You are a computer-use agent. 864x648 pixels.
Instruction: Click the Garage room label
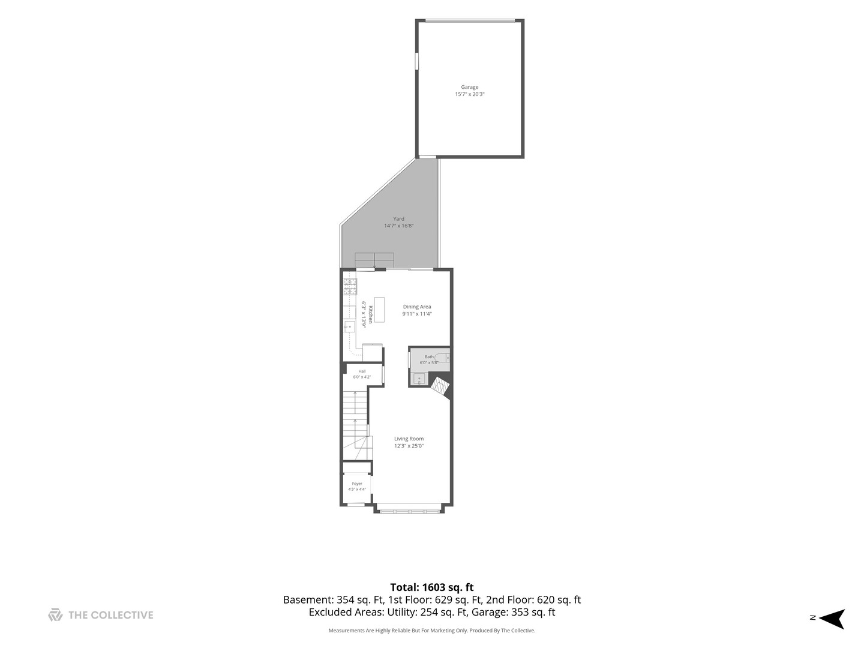[x=470, y=87]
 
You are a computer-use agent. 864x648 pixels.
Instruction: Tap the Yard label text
[x=398, y=219]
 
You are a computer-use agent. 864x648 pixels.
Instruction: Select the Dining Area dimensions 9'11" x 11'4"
[x=417, y=314]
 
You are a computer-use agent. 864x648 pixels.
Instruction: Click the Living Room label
[x=409, y=439]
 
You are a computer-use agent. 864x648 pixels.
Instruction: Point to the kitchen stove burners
[x=350, y=286]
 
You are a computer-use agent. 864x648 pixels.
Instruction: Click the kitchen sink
[x=350, y=326]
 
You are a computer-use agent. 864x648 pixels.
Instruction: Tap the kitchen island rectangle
[x=379, y=310]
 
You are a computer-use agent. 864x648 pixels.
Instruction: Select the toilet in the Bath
[x=442, y=358]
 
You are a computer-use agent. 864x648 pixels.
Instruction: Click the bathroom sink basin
[x=419, y=379]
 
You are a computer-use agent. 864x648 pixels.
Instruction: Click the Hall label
[x=362, y=371]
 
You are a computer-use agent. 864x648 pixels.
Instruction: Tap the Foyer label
[x=357, y=484]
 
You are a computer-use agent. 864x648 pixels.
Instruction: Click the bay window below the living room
[x=409, y=511]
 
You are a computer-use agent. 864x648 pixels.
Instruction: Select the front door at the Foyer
[x=355, y=505]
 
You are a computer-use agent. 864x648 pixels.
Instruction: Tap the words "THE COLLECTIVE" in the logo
[x=110, y=615]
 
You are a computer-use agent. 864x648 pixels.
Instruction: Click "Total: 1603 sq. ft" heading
[x=432, y=587]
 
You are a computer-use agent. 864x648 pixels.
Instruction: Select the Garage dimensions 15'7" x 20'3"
[x=470, y=94]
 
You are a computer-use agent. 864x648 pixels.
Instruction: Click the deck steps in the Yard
[x=374, y=260]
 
